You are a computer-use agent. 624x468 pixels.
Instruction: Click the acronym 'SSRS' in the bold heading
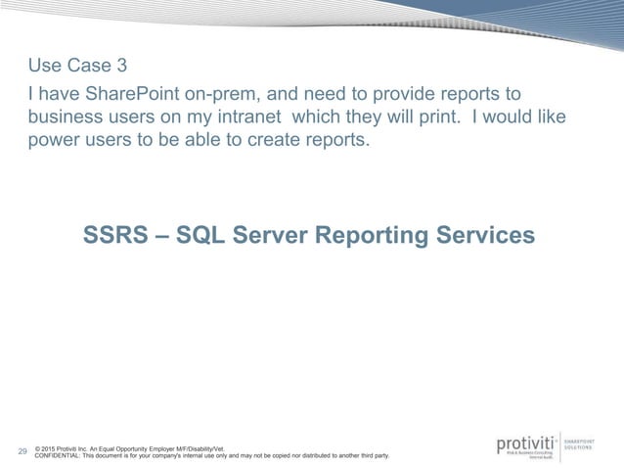coord(117,236)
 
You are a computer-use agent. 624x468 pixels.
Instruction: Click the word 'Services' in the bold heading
coord(490,236)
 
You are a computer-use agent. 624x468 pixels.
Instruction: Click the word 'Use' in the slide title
coord(45,67)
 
